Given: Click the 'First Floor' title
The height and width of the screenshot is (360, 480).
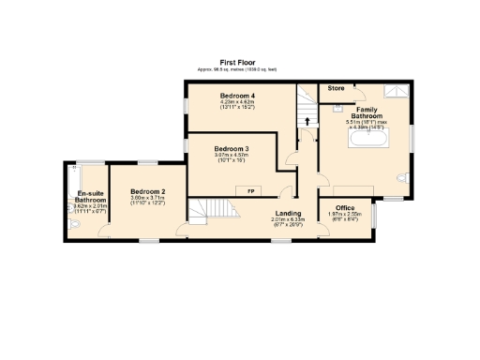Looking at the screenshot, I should pyautogui.click(x=239, y=63).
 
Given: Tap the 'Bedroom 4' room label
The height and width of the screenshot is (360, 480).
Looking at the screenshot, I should pyautogui.click(x=238, y=96).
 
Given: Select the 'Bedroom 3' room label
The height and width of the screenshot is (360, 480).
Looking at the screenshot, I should pyautogui.click(x=231, y=149).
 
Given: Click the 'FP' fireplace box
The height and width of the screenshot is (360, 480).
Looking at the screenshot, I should pyautogui.click(x=250, y=191).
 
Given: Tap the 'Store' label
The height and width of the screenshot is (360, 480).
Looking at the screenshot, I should pyautogui.click(x=336, y=88).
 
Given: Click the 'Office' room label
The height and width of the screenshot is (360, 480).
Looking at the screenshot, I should pyautogui.click(x=344, y=207).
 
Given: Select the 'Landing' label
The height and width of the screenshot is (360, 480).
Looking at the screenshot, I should pyautogui.click(x=288, y=213).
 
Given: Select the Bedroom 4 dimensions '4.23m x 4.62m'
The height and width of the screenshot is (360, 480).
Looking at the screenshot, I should pyautogui.click(x=238, y=102).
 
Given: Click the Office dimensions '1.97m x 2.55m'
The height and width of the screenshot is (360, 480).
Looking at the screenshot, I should pyautogui.click(x=344, y=214).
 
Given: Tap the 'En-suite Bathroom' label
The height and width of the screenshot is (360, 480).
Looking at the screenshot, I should pyautogui.click(x=91, y=196).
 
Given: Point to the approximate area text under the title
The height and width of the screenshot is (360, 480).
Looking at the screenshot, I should pyautogui.click(x=239, y=69).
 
